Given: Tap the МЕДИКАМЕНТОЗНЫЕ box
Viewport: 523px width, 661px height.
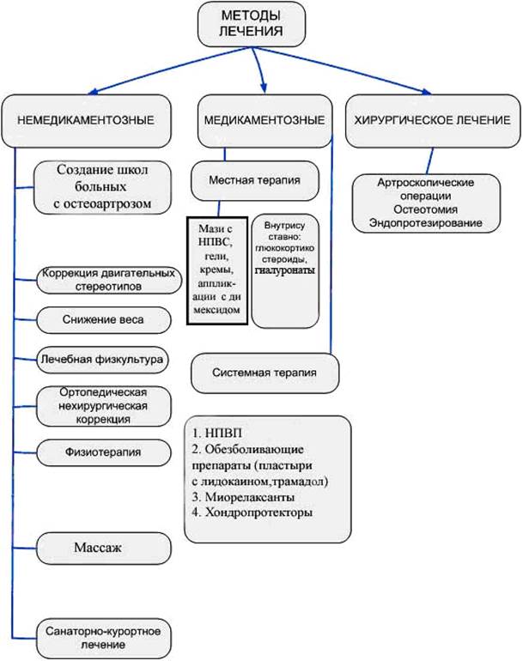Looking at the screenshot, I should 262,120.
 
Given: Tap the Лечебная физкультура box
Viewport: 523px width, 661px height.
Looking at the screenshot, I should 102,358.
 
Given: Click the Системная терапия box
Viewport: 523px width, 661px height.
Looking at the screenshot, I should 265,373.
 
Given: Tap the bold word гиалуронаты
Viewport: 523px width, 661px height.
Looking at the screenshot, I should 284,270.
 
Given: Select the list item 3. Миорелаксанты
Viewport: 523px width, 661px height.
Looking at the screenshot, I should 248,496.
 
